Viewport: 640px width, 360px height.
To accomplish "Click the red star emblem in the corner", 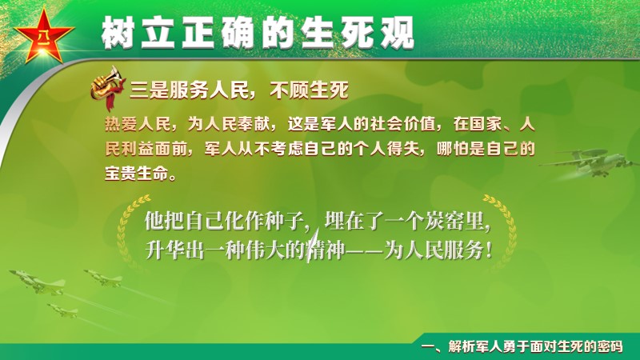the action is (44, 36).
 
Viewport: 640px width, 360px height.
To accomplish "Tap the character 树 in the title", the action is (118, 33).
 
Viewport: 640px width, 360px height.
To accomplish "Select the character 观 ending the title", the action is (398, 33).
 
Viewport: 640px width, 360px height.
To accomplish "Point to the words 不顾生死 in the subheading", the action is (309, 90).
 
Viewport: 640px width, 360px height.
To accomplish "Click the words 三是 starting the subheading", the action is (149, 90).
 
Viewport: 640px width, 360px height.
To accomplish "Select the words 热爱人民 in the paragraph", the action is (138, 124).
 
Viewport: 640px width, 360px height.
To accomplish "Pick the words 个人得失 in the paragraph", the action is (386, 149).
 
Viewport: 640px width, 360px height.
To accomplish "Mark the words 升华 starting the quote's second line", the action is (165, 250).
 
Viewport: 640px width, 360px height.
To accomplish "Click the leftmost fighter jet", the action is (38, 282).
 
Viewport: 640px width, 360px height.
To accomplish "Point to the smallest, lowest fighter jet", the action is (62, 310).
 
